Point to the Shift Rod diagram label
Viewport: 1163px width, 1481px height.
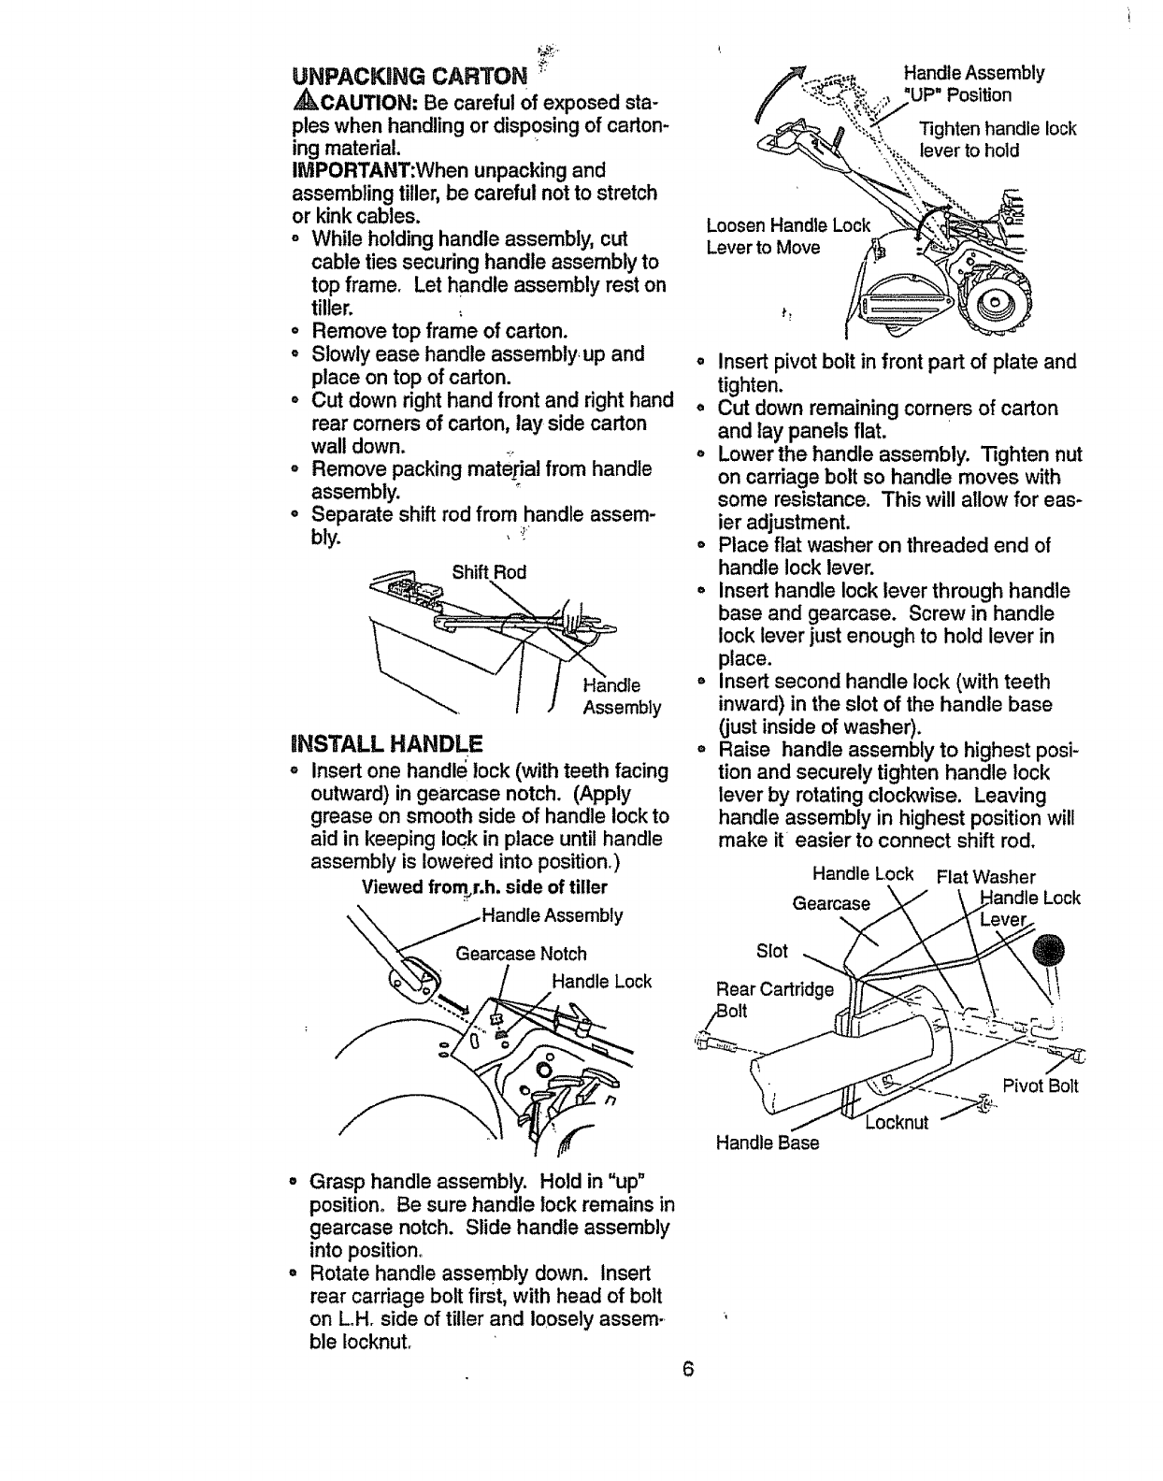[489, 572]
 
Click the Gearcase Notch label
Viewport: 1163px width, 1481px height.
[521, 954]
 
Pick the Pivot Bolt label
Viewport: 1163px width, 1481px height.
[1041, 1086]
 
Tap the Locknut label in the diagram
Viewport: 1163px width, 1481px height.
[897, 1122]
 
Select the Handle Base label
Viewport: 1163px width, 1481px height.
[767, 1143]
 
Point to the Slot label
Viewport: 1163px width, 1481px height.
[772, 951]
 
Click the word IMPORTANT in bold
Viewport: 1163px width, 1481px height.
[345, 170]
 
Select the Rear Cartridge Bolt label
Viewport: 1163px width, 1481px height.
[772, 999]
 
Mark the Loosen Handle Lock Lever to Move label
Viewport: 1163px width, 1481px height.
[787, 236]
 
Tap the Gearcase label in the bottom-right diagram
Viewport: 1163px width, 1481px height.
[831, 904]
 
